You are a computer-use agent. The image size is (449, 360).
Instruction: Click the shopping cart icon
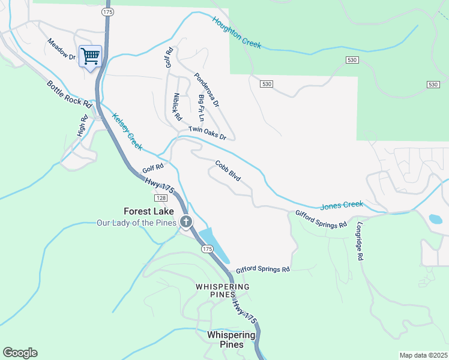coord(90,57)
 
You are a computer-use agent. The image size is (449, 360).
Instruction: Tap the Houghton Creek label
coord(237,32)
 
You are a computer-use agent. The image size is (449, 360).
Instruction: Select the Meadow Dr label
coord(62,49)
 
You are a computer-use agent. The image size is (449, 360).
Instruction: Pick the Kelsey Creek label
coord(127,132)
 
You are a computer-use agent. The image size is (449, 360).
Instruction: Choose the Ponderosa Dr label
coord(207,90)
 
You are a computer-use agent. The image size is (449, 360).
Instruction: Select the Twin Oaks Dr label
coord(207,133)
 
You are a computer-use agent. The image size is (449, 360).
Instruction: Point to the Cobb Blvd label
coord(228,170)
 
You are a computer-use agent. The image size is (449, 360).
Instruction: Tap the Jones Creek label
coord(342,205)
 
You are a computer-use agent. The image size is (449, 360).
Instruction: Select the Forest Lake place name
coord(149,211)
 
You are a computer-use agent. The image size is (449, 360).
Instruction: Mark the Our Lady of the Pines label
coord(137,223)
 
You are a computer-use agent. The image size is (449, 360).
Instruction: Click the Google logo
coord(20,353)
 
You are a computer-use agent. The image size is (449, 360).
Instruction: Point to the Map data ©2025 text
coord(423,355)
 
